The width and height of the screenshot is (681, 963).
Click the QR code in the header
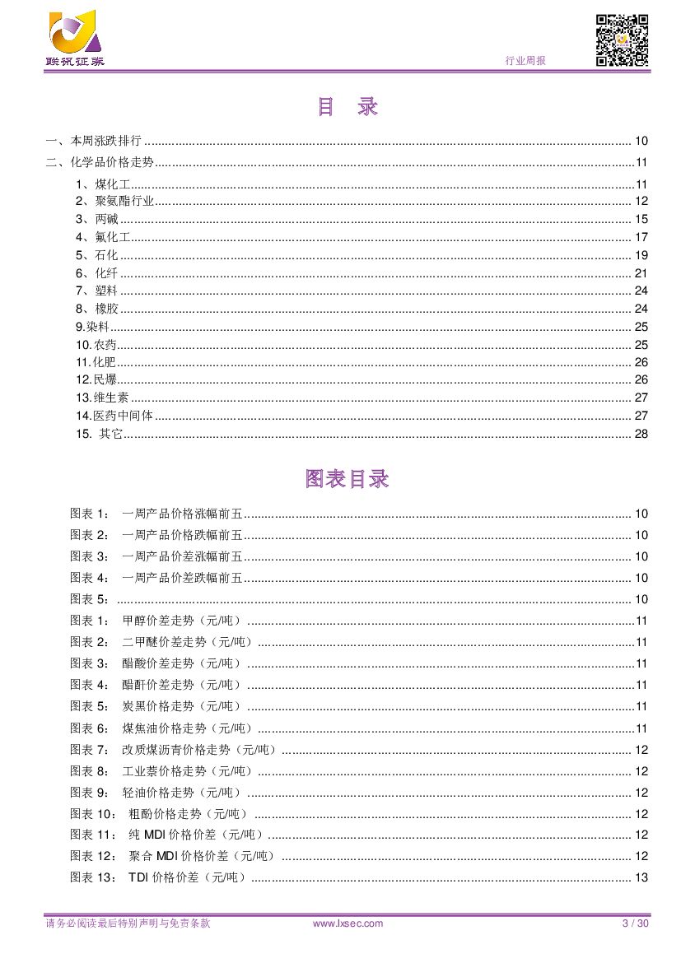coord(622,40)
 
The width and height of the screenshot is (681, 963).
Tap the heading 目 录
coord(347,107)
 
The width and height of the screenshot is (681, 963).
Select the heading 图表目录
coord(347,479)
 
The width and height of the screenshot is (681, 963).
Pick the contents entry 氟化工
coord(106,238)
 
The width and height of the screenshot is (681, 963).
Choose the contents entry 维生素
coord(111,398)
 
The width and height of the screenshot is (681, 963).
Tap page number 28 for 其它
coord(641,434)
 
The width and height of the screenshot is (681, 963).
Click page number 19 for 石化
coord(641,255)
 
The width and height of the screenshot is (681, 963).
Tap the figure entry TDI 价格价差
coord(188,877)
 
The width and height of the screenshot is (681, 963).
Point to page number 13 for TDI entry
coord(641,877)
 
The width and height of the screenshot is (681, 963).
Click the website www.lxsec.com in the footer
coord(348,923)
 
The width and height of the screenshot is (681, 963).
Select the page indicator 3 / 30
coord(636,923)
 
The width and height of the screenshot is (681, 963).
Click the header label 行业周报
coord(525,61)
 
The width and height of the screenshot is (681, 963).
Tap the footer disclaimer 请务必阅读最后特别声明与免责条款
coord(128,923)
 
